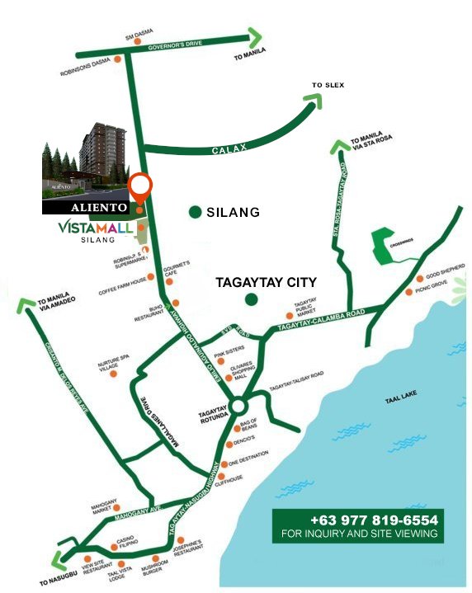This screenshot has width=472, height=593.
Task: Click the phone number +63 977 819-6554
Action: pyautogui.click(x=374, y=520)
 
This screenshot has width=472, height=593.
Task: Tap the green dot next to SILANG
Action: pyautogui.click(x=195, y=212)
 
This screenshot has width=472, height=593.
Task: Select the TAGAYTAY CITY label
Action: pyautogui.click(x=266, y=281)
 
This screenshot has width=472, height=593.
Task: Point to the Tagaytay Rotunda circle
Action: pyautogui.click(x=238, y=406)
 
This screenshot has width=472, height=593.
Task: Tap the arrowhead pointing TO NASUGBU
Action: pyautogui.click(x=59, y=564)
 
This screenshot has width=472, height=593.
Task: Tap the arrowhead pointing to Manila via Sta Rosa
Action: pyautogui.click(x=340, y=147)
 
